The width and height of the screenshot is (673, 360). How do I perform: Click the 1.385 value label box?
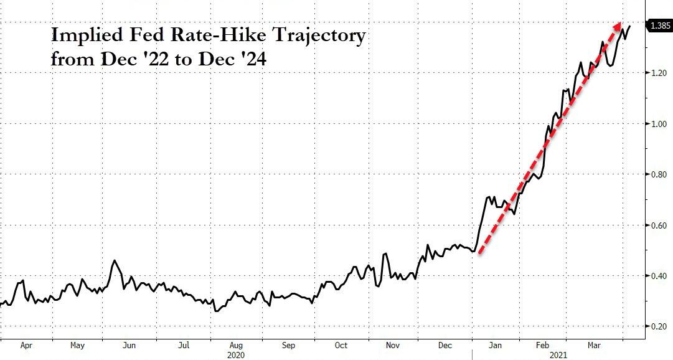659,26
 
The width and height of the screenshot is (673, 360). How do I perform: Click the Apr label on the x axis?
27,344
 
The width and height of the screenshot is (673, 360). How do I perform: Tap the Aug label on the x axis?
236,344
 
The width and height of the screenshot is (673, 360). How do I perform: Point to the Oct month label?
341,344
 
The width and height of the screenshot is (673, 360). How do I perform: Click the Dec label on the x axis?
445,344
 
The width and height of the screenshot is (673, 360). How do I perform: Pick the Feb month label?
542,344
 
